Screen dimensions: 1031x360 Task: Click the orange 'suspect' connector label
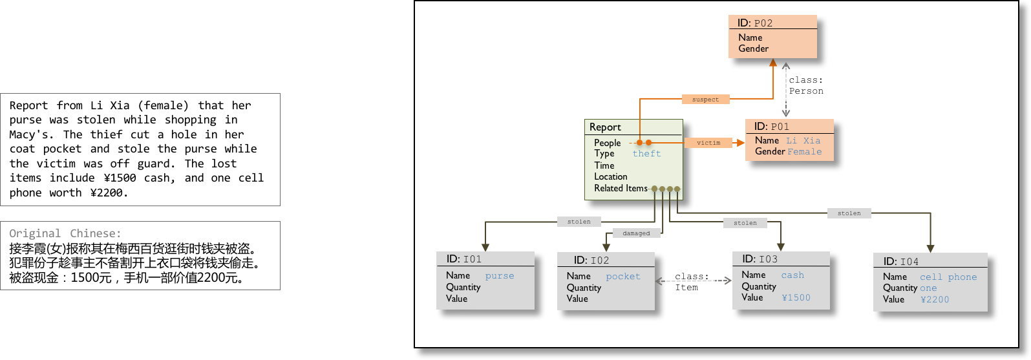pyautogui.click(x=705, y=100)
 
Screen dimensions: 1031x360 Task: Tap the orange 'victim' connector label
pyautogui.click(x=708, y=143)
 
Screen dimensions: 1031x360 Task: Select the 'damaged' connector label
pyautogui.click(x=636, y=233)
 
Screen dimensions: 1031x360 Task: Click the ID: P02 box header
pyautogui.click(x=755, y=23)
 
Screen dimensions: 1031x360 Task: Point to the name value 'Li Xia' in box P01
pyautogui.click(x=803, y=140)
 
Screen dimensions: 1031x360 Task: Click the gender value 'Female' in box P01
pyautogui.click(x=805, y=151)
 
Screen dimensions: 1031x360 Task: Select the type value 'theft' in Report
pyautogui.click(x=646, y=154)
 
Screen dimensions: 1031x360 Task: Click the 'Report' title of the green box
pyautogui.click(x=605, y=127)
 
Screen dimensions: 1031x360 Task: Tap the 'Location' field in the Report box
pyautogui.click(x=611, y=176)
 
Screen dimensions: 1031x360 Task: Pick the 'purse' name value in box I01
pyautogui.click(x=500, y=276)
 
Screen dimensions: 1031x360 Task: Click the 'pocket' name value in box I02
pyautogui.click(x=622, y=276)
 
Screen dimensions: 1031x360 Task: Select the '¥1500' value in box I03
pyautogui.click(x=796, y=298)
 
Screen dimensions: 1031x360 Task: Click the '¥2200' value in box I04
pyautogui.click(x=935, y=300)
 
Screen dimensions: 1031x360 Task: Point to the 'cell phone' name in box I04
pyautogui.click(x=948, y=277)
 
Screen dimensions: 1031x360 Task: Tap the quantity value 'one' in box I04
pyautogui.click(x=928, y=288)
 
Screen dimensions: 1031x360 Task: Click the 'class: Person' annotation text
pyautogui.click(x=806, y=85)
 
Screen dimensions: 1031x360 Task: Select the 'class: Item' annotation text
pyautogui.click(x=692, y=282)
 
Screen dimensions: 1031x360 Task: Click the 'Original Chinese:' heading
pyautogui.click(x=65, y=233)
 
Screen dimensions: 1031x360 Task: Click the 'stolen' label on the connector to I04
pyautogui.click(x=849, y=213)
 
